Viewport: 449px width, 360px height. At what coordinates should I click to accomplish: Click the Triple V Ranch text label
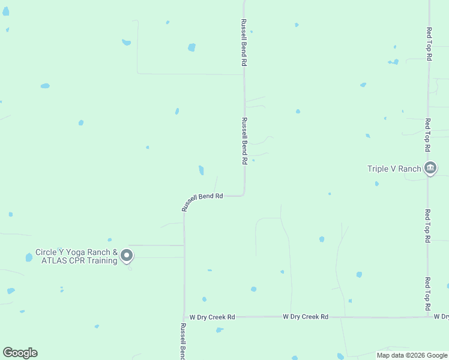tap(394, 169)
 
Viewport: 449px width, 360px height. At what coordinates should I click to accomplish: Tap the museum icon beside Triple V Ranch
tap(430, 169)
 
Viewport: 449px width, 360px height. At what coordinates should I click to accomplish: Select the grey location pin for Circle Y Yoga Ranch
tap(127, 256)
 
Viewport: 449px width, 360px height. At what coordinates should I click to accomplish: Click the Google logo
tap(20, 353)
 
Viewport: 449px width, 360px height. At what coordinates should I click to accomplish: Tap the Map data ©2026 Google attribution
tap(412, 355)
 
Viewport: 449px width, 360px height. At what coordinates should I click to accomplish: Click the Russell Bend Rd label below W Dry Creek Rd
tap(183, 341)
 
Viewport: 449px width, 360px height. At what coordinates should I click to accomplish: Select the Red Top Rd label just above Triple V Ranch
tap(428, 134)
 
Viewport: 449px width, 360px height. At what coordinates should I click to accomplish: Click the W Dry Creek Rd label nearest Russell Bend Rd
tap(212, 316)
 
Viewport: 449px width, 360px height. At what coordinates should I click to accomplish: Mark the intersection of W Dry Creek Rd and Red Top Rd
tap(428, 316)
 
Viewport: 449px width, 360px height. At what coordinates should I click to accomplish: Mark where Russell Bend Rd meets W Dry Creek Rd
tap(184, 317)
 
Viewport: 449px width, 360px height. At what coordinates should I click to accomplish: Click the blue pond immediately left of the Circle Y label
tap(29, 257)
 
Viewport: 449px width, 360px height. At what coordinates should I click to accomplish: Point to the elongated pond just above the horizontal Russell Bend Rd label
tap(201, 170)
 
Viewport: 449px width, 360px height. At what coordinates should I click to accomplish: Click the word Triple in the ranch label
tap(378, 169)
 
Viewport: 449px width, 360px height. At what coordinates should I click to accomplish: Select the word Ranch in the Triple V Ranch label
tap(410, 169)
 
